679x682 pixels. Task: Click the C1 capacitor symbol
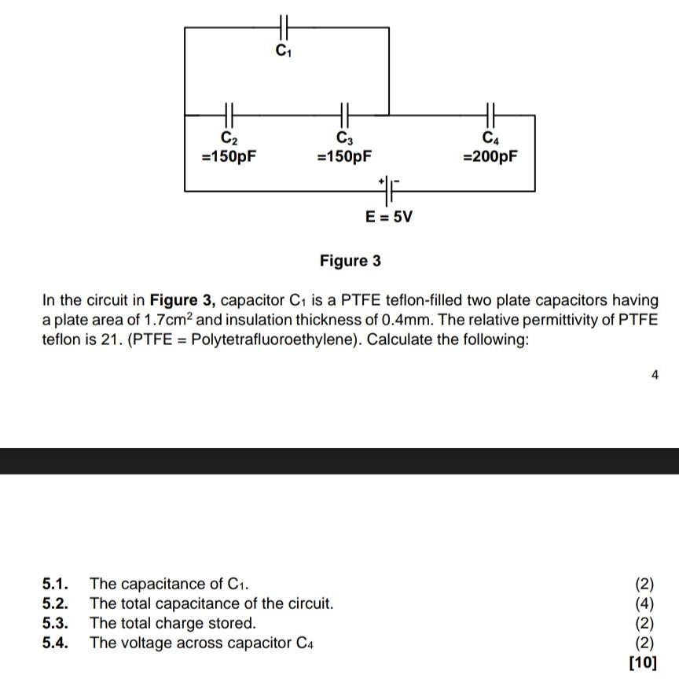pyautogui.click(x=285, y=27)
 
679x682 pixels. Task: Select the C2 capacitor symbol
pyautogui.click(x=229, y=115)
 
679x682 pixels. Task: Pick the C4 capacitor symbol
pyautogui.click(x=491, y=115)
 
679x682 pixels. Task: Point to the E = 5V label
pyautogui.click(x=389, y=216)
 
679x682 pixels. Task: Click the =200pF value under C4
pyautogui.click(x=490, y=156)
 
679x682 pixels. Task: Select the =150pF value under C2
pyautogui.click(x=229, y=156)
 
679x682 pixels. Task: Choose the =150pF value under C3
pyautogui.click(x=344, y=156)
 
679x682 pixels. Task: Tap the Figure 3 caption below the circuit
pyautogui.click(x=350, y=261)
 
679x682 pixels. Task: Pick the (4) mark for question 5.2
pyautogui.click(x=644, y=604)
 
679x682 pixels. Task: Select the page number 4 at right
pyautogui.click(x=655, y=376)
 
